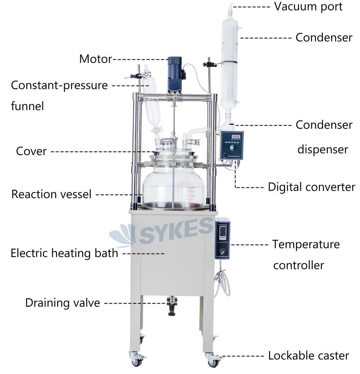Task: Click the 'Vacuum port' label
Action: tap(308, 6)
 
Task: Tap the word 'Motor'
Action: tap(95, 59)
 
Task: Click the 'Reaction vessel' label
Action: tap(51, 194)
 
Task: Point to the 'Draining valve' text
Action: tap(62, 303)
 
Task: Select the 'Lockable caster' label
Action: tap(308, 356)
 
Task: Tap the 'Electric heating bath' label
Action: tap(64, 253)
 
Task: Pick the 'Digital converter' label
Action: tap(311, 187)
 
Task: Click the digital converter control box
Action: tap(232, 145)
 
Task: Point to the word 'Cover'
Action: tap(31, 151)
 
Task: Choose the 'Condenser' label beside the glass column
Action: tap(324, 37)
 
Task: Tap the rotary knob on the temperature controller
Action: tap(222, 253)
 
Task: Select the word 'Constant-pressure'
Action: tap(59, 86)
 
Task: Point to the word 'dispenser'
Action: tap(323, 149)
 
